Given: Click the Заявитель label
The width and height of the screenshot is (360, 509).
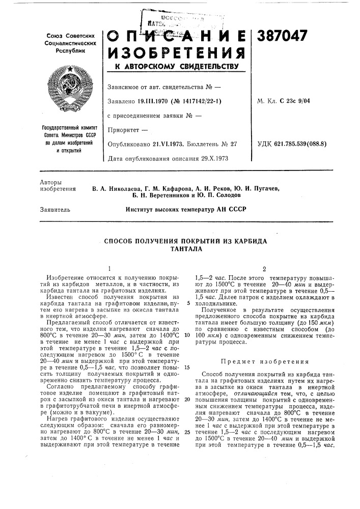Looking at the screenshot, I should pyautogui.click(x=54, y=209).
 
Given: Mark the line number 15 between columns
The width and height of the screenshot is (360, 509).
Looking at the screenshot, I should pyautogui.click(x=187, y=366).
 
